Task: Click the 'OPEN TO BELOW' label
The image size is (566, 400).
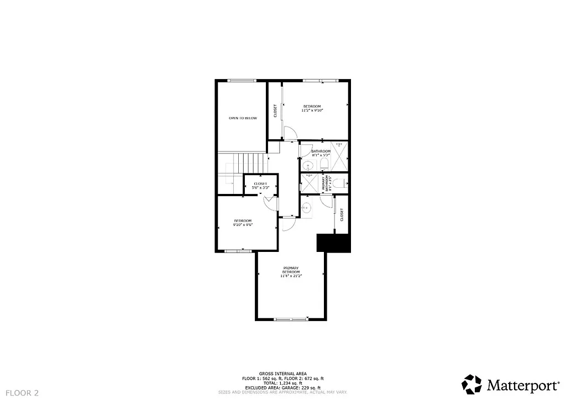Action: pyautogui.click(x=243, y=118)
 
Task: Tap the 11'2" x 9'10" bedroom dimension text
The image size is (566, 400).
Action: pyautogui.click(x=312, y=110)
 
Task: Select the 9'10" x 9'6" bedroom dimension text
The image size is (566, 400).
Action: pyautogui.click(x=242, y=225)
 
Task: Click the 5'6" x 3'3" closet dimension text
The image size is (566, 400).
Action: pyautogui.click(x=260, y=188)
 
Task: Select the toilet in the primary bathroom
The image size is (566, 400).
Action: pyautogui.click(x=341, y=183)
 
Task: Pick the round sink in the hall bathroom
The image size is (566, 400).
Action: pyautogui.click(x=307, y=164)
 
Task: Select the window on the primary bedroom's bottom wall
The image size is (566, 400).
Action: pyautogui.click(x=291, y=319)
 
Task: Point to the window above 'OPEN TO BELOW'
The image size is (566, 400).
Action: pyautogui.click(x=242, y=81)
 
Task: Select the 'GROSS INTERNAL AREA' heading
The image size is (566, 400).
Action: pyautogui.click(x=282, y=374)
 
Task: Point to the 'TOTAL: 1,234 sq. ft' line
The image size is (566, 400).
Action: pyautogui.click(x=282, y=383)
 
